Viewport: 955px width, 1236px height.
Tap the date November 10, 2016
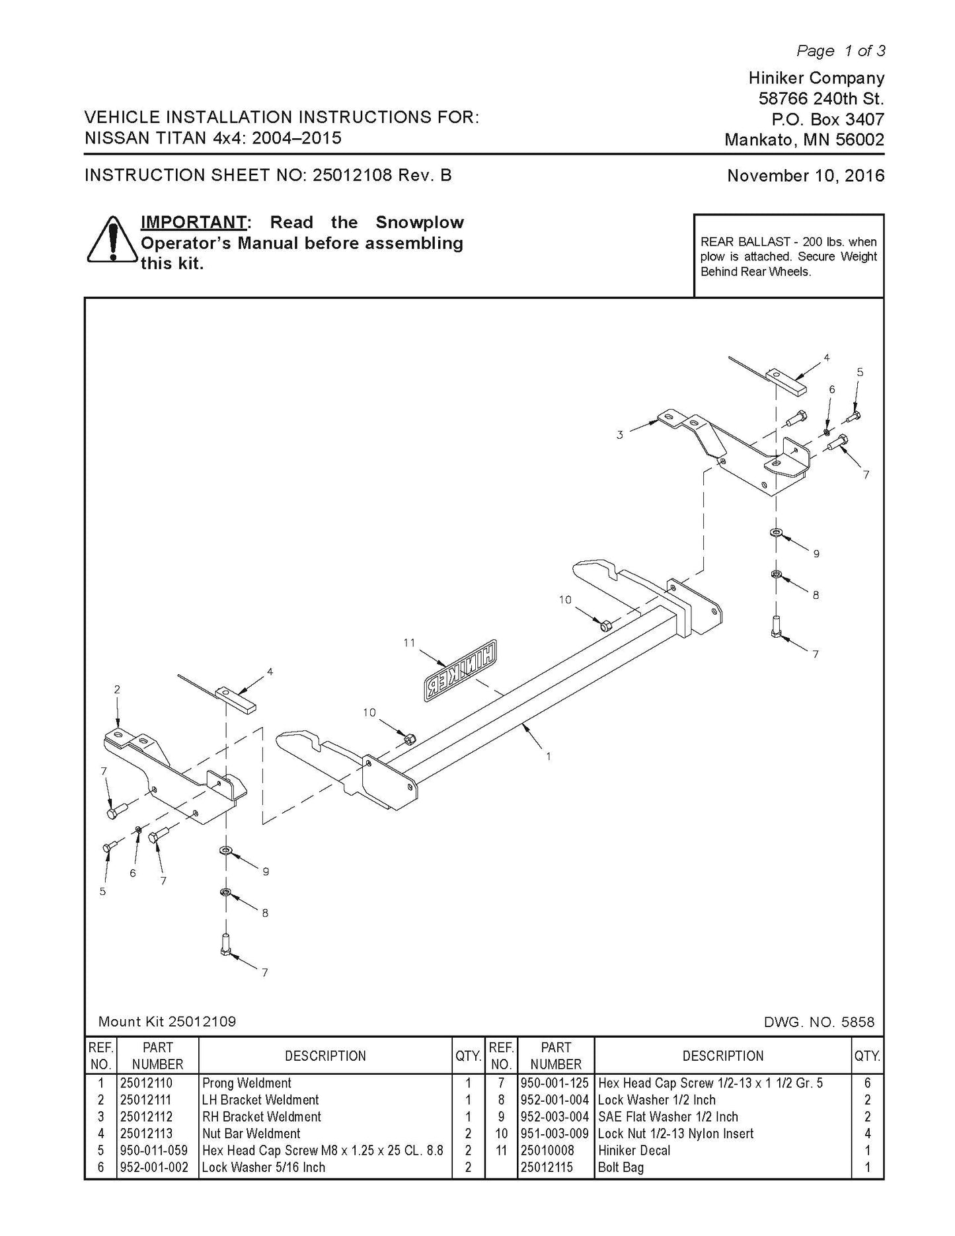point(805,176)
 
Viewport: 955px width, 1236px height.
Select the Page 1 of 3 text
point(840,51)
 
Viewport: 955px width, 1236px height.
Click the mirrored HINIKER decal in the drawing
point(461,669)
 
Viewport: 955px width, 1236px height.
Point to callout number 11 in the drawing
point(409,642)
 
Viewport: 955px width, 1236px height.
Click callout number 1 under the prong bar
point(548,756)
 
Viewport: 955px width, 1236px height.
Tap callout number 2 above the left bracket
point(117,689)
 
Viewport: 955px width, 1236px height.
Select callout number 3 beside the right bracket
point(619,435)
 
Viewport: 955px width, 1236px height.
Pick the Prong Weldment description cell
point(247,1083)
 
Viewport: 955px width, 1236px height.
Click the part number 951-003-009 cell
point(555,1134)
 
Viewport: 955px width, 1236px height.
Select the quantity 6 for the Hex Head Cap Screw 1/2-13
point(867,1083)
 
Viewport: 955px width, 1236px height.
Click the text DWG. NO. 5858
point(818,1023)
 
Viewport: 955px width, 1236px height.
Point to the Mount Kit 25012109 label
point(167,1022)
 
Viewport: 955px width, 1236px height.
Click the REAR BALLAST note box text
point(788,256)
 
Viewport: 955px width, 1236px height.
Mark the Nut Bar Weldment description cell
point(251,1134)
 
